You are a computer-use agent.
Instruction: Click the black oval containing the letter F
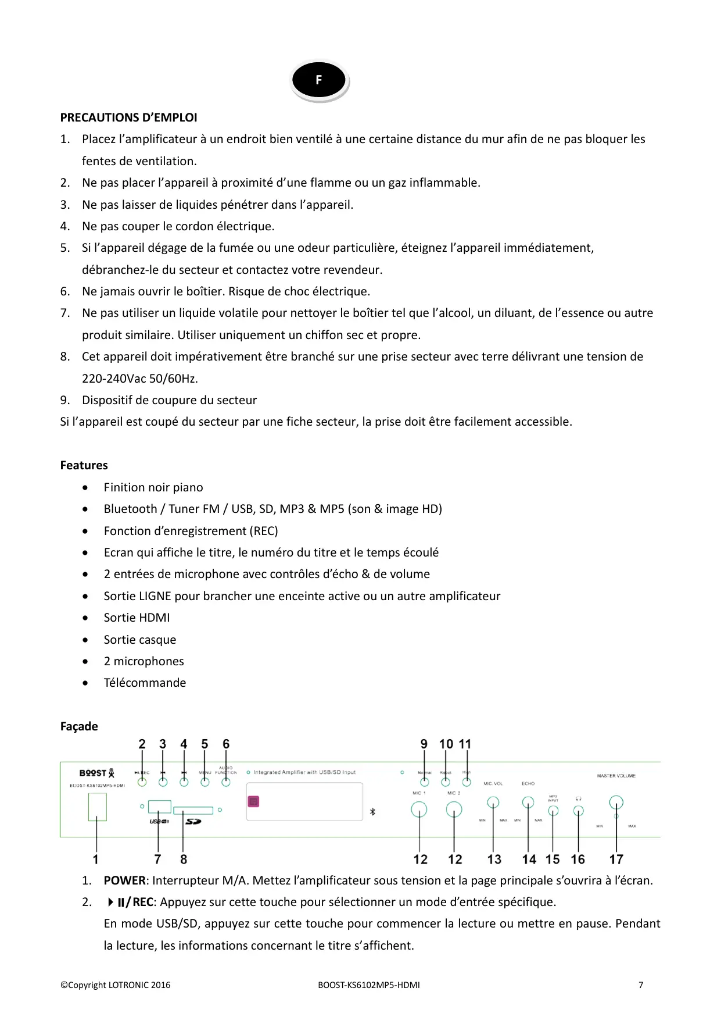point(318,80)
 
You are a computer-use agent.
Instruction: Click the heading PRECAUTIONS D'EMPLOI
point(128,117)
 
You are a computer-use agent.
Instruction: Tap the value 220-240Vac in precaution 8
point(114,379)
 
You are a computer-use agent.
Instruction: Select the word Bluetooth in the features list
point(130,509)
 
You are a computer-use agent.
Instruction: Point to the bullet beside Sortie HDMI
point(85,618)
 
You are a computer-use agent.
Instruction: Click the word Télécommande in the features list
point(145,683)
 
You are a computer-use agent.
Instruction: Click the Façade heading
point(79,726)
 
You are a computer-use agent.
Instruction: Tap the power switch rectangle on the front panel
point(97,807)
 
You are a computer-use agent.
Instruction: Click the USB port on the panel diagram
point(159,807)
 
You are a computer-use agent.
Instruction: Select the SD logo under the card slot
point(193,821)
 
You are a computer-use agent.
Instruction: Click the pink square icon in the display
point(253,801)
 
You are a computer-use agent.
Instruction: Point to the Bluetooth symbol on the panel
point(372,811)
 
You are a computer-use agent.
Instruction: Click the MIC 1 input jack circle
point(419,809)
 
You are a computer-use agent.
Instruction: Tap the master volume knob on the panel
point(616,803)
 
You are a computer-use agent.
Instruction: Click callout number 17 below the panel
point(616,859)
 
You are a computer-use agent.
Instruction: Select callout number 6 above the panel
point(226,744)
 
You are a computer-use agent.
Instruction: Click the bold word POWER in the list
point(124,880)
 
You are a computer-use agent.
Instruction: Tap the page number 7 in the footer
point(641,985)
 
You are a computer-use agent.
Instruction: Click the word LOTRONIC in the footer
point(128,985)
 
